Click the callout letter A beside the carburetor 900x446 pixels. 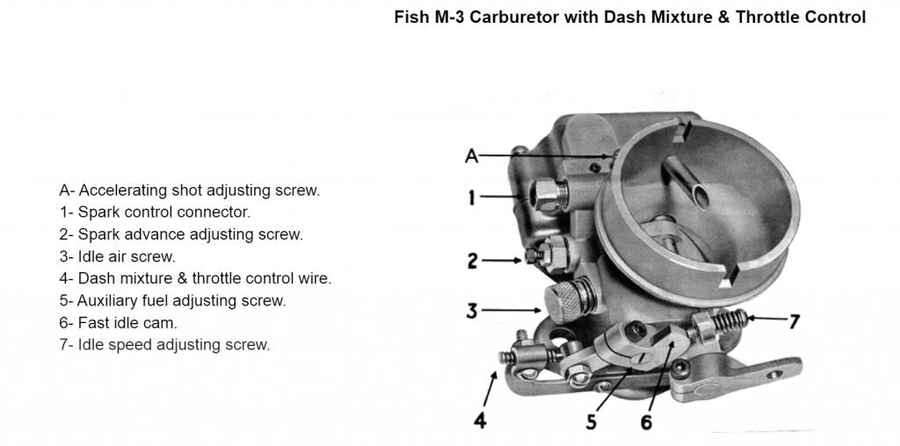click(472, 156)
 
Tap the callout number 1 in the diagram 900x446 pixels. click(472, 198)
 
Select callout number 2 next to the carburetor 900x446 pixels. click(473, 260)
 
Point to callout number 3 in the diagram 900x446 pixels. click(473, 310)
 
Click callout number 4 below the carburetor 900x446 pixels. click(480, 421)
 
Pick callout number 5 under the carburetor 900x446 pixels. click(592, 421)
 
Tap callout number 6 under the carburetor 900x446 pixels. click(647, 421)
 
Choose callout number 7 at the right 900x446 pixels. click(794, 322)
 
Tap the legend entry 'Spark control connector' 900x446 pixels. click(155, 212)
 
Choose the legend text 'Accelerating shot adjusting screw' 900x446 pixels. click(190, 190)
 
